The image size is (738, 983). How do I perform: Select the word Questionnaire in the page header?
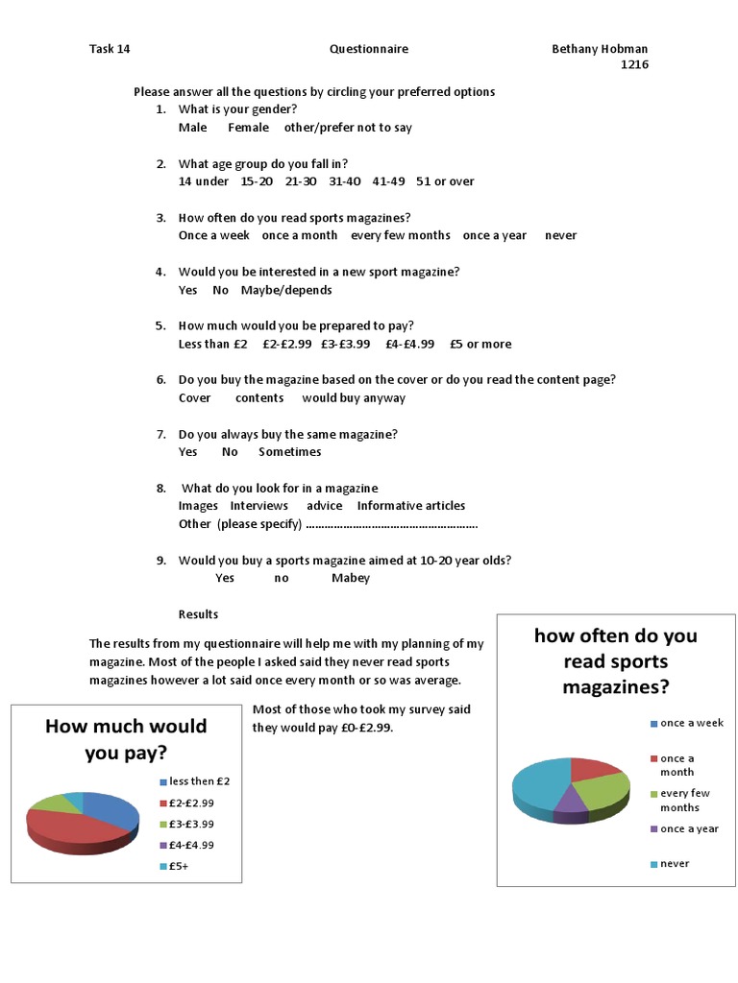(x=369, y=49)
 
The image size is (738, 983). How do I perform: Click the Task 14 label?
(x=110, y=49)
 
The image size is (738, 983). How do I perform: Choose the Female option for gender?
(x=248, y=128)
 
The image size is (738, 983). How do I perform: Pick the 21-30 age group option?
(x=301, y=181)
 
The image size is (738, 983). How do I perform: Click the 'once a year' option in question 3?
(x=494, y=235)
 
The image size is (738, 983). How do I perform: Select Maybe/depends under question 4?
(x=286, y=290)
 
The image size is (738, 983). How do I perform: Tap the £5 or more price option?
(x=480, y=344)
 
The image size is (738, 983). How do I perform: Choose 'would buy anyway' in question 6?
(x=354, y=397)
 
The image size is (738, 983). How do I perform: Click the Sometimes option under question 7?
(x=290, y=451)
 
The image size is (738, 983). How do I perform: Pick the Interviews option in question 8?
(x=258, y=506)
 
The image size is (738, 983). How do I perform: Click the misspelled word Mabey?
(x=351, y=578)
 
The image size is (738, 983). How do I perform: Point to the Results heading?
(x=198, y=614)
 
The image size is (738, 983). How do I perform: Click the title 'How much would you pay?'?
(x=126, y=739)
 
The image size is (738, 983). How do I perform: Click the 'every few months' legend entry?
(x=685, y=801)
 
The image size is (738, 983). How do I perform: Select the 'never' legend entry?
(x=675, y=864)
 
